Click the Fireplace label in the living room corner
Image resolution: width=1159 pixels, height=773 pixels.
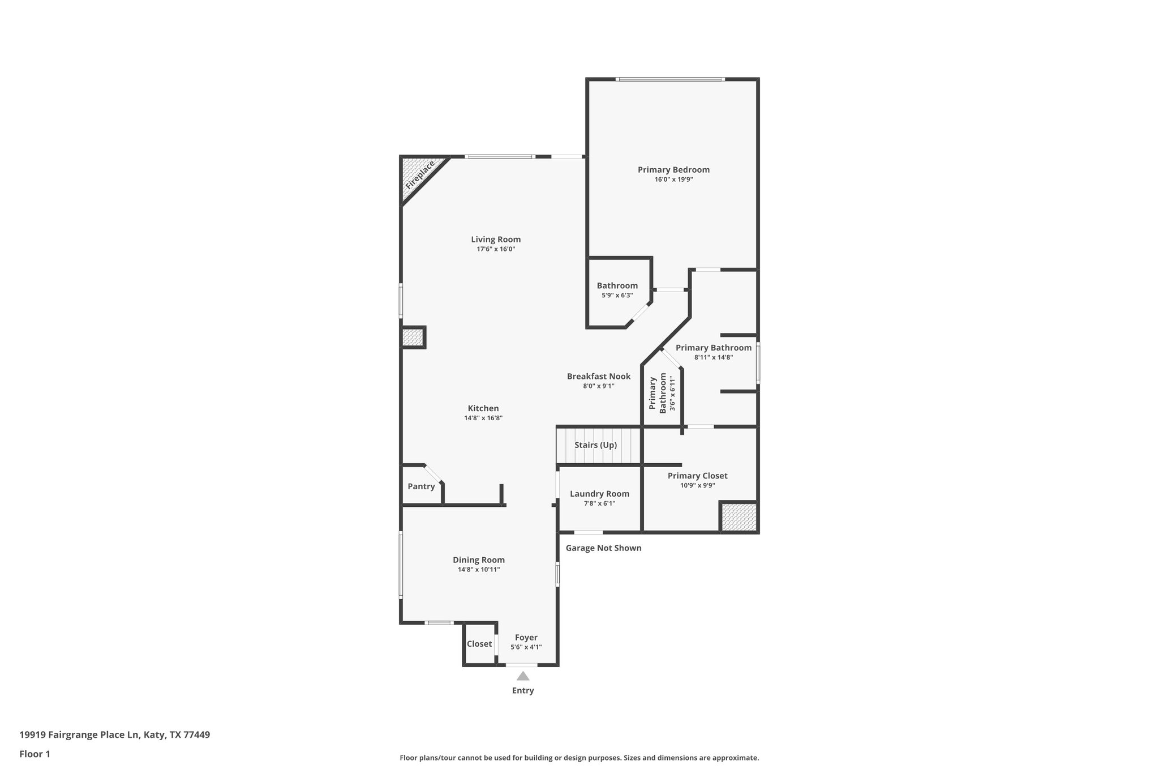coord(420,175)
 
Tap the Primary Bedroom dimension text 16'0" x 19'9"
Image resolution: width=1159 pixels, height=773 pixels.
coord(673,180)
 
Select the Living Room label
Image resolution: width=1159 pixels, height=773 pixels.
coord(496,240)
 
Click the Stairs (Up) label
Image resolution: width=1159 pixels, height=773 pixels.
coord(595,445)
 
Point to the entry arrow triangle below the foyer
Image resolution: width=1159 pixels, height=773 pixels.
coord(523,676)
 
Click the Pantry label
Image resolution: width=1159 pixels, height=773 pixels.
coord(421,486)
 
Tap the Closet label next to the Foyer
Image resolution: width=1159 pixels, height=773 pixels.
coord(479,644)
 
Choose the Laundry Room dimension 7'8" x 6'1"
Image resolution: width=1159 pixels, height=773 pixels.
coord(599,503)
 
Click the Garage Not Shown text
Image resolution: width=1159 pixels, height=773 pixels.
coord(603,548)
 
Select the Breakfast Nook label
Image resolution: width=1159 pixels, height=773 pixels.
coord(599,377)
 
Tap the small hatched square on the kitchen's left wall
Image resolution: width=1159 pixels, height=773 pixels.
coord(413,338)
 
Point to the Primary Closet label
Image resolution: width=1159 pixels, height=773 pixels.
coord(697,476)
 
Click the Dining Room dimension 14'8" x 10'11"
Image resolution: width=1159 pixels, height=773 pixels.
coord(479,570)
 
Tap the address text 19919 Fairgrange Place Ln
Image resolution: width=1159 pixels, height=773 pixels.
coord(114,735)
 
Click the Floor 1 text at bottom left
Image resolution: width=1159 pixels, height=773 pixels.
coord(35,754)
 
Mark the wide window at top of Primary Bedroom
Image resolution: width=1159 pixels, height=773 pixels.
coord(670,79)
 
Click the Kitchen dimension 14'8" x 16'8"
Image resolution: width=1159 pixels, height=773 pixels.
coord(483,418)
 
